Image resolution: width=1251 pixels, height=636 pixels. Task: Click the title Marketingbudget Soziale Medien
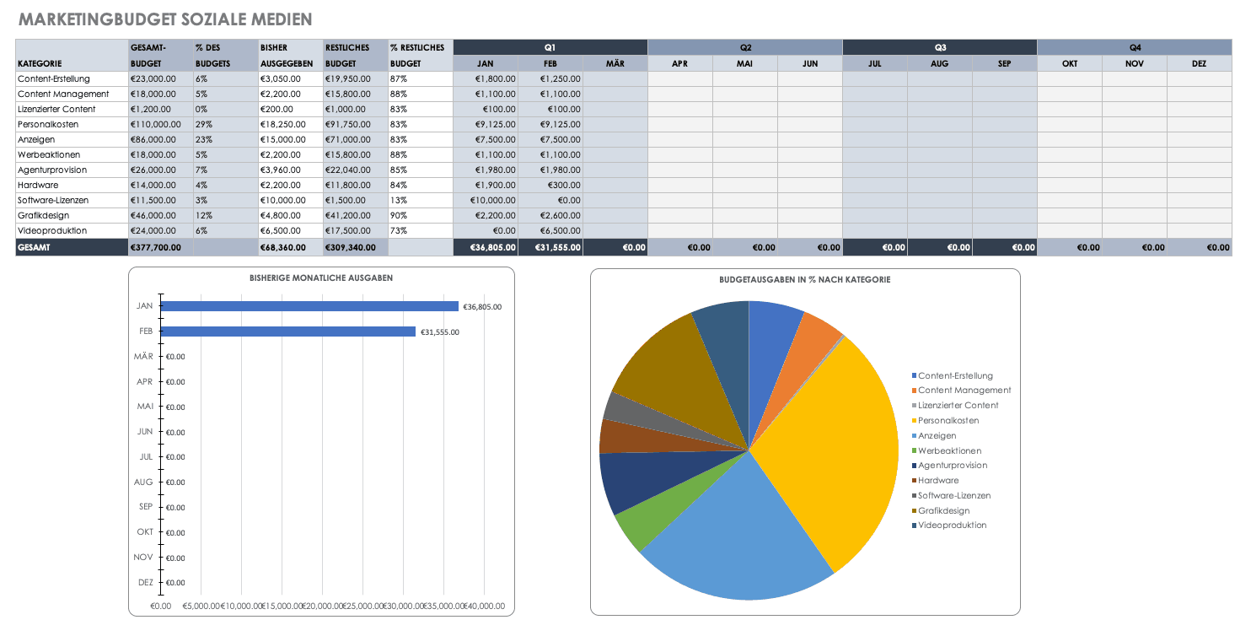[x=164, y=19]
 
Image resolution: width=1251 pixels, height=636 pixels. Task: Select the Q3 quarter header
[x=939, y=47]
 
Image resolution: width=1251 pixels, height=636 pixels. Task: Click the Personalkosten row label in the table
[x=48, y=124]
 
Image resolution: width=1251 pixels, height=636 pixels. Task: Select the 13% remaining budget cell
[x=398, y=200]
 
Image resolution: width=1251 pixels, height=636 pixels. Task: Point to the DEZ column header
[x=1199, y=63]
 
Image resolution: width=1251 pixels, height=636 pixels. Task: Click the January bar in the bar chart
[x=309, y=307]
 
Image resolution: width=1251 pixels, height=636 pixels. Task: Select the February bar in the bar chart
[x=287, y=332]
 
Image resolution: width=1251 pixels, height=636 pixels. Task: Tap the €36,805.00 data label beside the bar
[x=482, y=307]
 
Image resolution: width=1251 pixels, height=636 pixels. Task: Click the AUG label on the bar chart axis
[x=143, y=482]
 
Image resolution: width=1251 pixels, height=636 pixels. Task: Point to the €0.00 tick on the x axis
[x=160, y=606]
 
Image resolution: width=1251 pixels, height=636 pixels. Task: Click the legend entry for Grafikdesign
[x=943, y=510]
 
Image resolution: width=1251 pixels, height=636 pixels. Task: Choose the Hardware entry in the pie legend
[x=937, y=480]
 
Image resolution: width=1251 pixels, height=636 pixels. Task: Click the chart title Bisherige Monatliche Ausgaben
[x=321, y=278]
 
